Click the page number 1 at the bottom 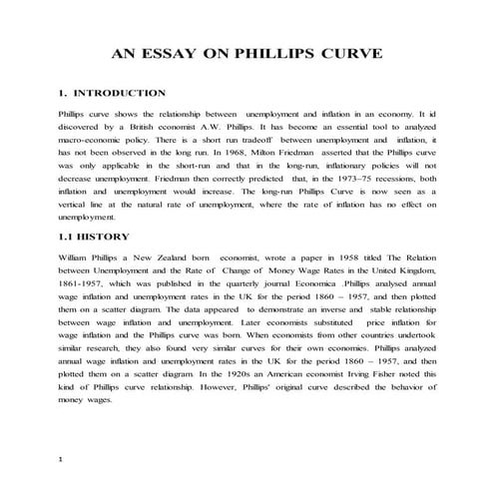pos(61,460)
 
